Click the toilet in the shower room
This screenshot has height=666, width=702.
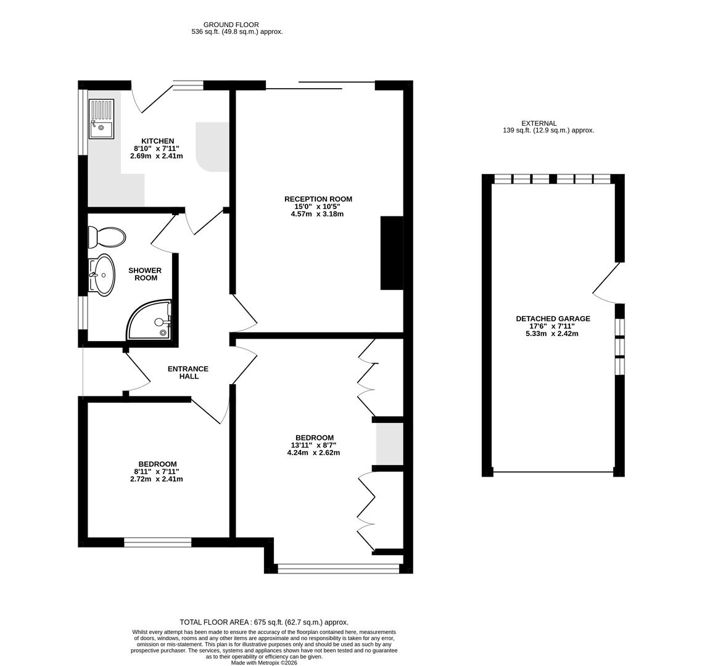(107, 237)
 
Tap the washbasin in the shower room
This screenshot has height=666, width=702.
(102, 275)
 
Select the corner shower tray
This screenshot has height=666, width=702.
(150, 319)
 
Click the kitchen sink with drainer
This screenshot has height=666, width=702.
(102, 118)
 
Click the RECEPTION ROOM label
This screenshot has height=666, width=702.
(318, 199)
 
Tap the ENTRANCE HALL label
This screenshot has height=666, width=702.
(188, 372)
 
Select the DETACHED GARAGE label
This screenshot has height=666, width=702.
(553, 319)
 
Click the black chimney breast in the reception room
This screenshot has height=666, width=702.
(392, 253)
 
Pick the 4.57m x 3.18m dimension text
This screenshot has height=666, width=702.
(318, 214)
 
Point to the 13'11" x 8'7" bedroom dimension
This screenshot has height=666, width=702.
(313, 445)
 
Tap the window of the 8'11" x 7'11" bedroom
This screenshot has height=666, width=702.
(157, 543)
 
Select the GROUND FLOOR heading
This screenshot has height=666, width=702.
(231, 25)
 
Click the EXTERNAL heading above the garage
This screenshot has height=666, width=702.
(539, 123)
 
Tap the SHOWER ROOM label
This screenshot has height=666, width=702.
(145, 274)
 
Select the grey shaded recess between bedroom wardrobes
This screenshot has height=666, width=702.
(389, 444)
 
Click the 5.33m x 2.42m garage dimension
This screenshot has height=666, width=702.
(552, 334)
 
